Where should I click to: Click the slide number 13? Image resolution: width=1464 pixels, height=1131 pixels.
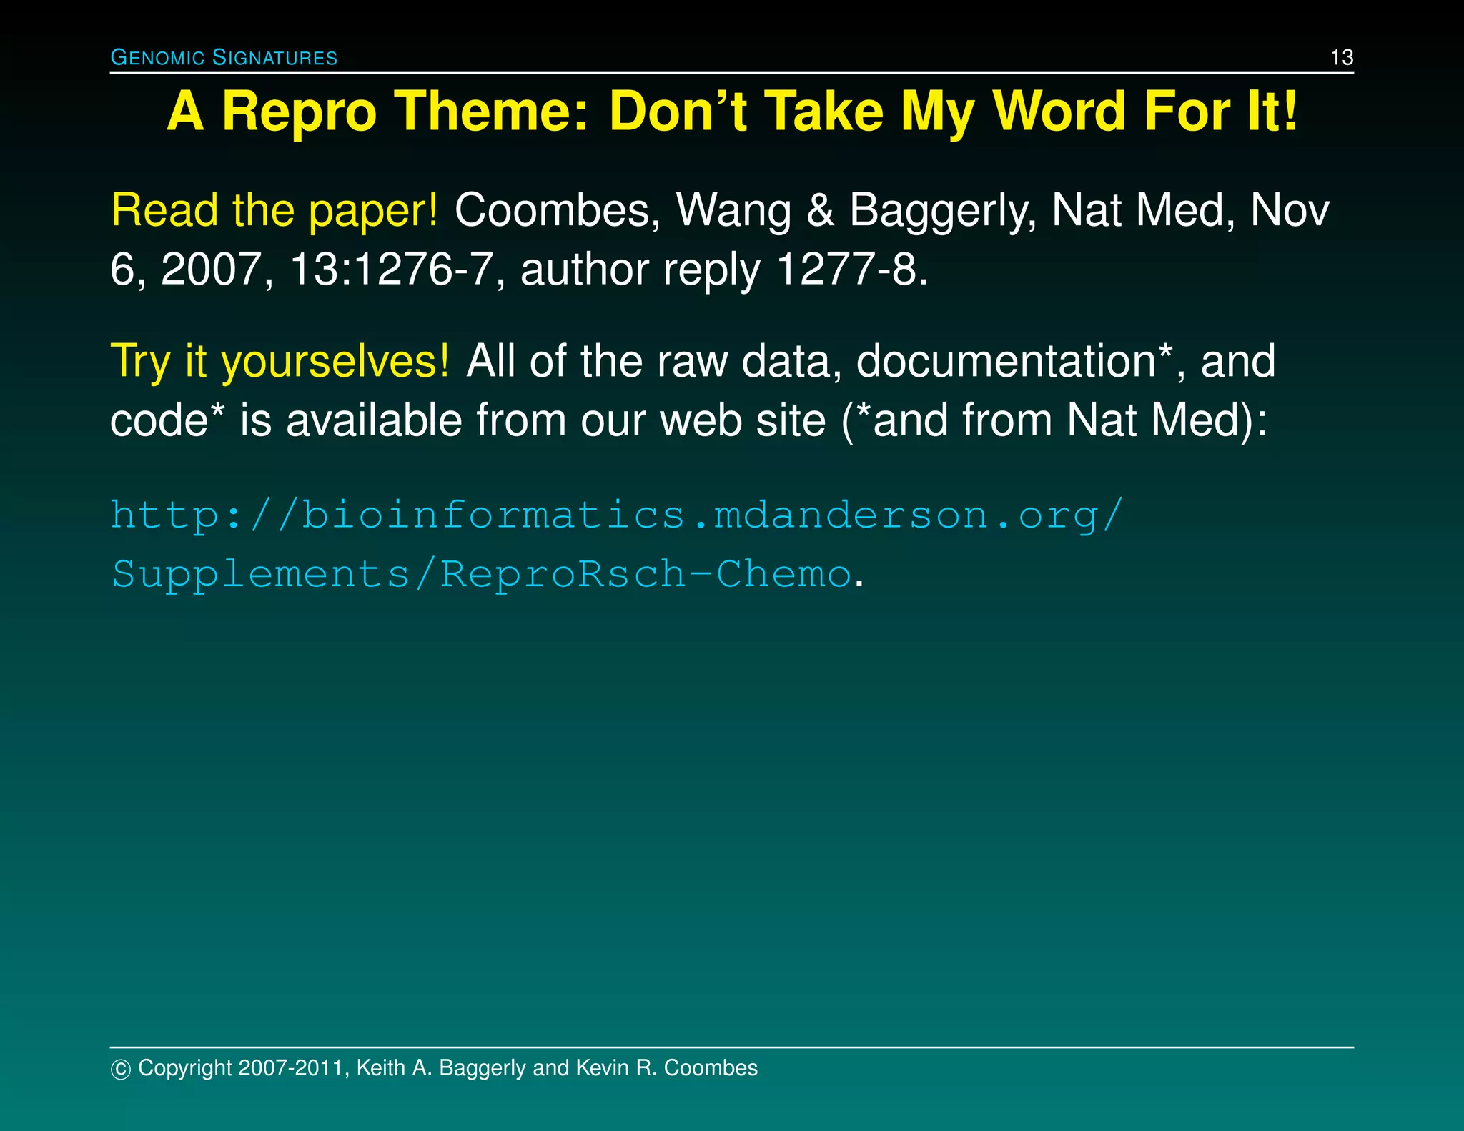click(1342, 57)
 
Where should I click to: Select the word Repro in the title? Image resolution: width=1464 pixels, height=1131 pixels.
click(298, 113)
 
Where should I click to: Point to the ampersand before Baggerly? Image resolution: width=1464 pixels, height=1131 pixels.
click(820, 211)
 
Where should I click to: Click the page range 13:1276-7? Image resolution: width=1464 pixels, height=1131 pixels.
click(390, 270)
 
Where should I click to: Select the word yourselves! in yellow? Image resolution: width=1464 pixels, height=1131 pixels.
click(335, 361)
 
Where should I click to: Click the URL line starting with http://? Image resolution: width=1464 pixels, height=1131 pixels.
click(618, 515)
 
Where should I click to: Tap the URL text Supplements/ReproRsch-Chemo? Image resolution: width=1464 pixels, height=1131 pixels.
click(482, 574)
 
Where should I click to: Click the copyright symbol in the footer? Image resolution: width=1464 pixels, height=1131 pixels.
click(121, 1070)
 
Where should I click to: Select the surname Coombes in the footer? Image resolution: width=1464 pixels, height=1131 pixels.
click(711, 1068)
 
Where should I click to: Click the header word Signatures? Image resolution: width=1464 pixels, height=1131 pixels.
click(275, 58)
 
